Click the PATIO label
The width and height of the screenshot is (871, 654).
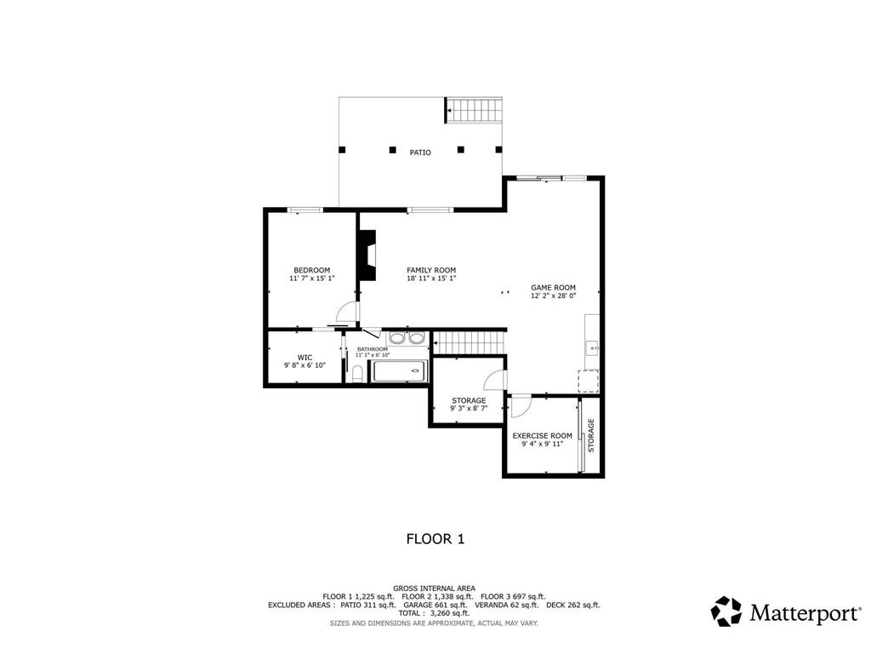coord(420,152)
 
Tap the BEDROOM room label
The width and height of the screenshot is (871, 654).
coord(311,270)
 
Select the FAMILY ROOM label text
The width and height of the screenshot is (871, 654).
coord(431,270)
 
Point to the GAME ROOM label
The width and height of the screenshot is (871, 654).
coord(553,288)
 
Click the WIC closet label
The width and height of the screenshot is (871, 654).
coord(305,358)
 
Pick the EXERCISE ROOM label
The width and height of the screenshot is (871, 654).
coord(542,436)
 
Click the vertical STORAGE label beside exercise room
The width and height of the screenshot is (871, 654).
coord(591,435)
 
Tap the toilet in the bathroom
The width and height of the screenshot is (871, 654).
coord(357,374)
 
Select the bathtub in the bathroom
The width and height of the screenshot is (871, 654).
coord(400,371)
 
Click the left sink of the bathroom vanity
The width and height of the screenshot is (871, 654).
coord(396,338)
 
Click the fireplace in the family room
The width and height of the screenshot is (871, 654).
coord(367,255)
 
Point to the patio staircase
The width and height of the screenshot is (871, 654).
coord(475,110)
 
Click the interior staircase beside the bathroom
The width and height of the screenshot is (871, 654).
coord(470,342)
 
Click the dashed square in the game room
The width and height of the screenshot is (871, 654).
coord(589,381)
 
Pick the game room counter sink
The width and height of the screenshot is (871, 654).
coord(594,348)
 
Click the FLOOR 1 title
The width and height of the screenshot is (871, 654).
coord(435,539)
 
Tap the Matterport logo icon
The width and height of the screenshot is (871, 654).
coord(726,611)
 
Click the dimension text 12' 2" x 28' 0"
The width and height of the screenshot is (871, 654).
coord(553,295)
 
